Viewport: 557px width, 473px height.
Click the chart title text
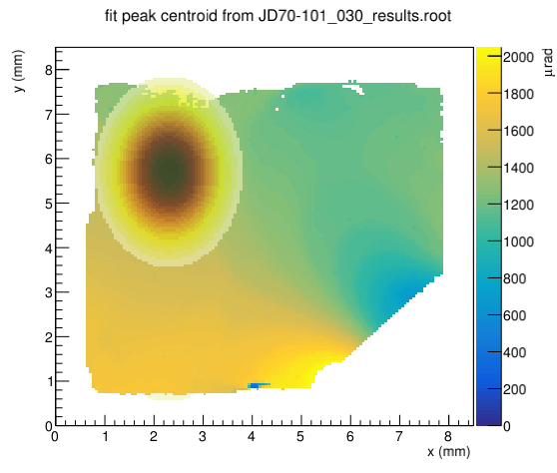click(278, 16)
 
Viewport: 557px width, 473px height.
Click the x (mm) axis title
click(448, 452)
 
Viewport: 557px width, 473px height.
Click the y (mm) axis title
click(19, 71)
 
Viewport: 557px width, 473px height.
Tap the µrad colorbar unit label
click(548, 62)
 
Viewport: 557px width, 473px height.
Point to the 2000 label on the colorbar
click(518, 57)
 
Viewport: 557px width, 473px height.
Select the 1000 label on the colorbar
click(518, 241)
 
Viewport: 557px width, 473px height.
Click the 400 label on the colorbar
click(514, 352)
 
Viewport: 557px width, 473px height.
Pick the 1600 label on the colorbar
click(518, 131)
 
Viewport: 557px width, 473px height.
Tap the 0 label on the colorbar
click(507, 426)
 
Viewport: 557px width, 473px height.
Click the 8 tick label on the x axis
click(448, 436)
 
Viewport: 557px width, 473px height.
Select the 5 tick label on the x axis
click(300, 436)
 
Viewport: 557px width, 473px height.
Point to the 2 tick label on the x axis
click(154, 436)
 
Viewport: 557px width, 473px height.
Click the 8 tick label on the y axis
click(49, 70)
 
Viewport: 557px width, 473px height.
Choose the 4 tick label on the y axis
click(49, 248)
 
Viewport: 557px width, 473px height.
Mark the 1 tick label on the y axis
click(49, 382)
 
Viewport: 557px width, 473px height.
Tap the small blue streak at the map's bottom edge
click(259, 385)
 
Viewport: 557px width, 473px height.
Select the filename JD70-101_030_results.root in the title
click(354, 17)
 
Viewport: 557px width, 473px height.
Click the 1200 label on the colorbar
click(518, 205)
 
